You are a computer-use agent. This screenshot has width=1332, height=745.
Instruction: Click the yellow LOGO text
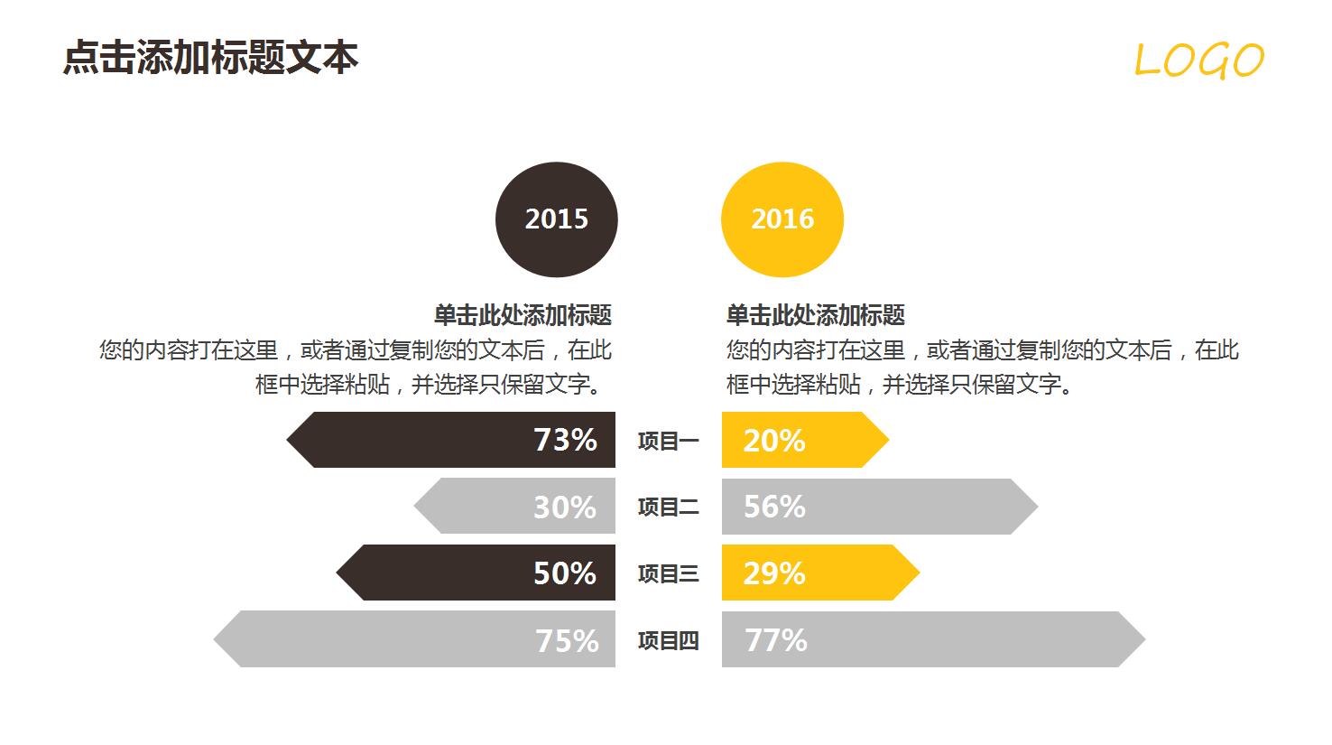tap(1198, 61)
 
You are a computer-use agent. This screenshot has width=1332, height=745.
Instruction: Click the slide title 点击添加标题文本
tap(210, 58)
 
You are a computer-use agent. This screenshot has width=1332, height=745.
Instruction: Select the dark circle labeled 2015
tap(556, 219)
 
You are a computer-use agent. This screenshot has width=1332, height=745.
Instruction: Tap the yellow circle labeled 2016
tap(782, 219)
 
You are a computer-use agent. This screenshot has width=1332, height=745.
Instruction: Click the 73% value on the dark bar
tap(565, 440)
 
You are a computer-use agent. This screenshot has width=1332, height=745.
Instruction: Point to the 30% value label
tap(565, 507)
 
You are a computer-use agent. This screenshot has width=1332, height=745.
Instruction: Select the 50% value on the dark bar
tap(565, 573)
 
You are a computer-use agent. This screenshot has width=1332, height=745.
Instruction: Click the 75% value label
tap(567, 640)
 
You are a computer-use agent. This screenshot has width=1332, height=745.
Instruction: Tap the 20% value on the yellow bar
tap(774, 441)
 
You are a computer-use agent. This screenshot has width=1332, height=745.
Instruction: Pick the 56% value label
tap(774, 507)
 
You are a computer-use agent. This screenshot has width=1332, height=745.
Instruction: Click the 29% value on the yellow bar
tap(774, 573)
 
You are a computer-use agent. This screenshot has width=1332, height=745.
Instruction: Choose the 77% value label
tap(776, 640)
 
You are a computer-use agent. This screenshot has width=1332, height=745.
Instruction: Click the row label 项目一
tap(668, 441)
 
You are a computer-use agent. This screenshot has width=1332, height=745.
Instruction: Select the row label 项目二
tap(668, 508)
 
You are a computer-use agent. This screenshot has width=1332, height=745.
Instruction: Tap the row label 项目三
tap(668, 573)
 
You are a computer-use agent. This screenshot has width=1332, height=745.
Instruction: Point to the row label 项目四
tap(668, 640)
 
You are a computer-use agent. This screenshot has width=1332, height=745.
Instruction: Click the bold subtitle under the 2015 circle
tap(523, 315)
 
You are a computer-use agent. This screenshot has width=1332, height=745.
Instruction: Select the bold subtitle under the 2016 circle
tap(815, 315)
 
